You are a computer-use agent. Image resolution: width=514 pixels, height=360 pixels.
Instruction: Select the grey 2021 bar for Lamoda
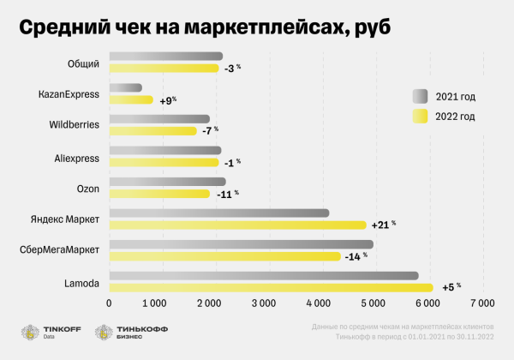[x=263, y=276]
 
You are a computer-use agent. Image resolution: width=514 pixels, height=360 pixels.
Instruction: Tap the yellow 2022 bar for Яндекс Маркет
[x=237, y=225]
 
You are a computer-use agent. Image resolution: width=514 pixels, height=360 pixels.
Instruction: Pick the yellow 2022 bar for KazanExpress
[x=130, y=100]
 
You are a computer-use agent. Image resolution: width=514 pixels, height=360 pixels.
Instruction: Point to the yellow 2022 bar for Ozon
[x=158, y=194]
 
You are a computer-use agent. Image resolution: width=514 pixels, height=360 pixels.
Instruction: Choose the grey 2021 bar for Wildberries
[x=158, y=119]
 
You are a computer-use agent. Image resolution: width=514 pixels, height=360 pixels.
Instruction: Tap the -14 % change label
[x=355, y=255]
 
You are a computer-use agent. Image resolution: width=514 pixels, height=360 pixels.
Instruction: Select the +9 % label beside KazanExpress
[x=167, y=100]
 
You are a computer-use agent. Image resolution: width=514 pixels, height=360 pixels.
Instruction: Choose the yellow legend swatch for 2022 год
[x=420, y=116]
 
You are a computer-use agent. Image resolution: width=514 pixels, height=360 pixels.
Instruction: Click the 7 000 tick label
[x=482, y=303]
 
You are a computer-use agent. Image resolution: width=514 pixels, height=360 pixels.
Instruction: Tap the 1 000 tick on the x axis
[x=154, y=303]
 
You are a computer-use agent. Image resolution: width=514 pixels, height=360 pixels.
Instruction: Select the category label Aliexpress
[x=77, y=158]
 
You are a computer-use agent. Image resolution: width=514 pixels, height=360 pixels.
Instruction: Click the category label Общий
[x=83, y=63]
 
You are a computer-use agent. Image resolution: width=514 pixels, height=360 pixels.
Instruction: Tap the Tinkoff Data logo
[x=47, y=333]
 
